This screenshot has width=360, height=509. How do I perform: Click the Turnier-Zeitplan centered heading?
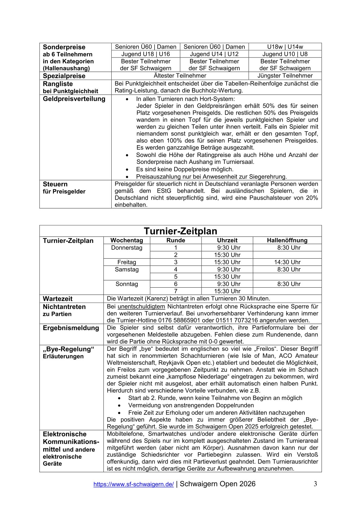coord(180,231)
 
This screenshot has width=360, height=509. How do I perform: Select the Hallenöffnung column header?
coord(287,240)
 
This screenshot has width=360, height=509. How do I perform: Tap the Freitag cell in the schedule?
coord(127,262)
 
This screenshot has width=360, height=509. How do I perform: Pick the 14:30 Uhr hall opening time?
coord(287,262)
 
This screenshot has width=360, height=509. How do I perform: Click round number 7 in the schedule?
coord(175,291)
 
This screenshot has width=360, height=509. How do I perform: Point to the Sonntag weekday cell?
coord(127,284)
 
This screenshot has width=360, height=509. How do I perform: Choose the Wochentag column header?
coord(127,240)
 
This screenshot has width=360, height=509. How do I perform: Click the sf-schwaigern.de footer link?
coord(133,484)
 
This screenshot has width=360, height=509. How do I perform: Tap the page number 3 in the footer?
coord(315,484)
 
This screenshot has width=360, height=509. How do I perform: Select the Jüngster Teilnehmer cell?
coord(285,76)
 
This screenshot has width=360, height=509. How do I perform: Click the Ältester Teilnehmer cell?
coord(180,76)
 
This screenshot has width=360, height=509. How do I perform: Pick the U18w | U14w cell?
coord(285,47)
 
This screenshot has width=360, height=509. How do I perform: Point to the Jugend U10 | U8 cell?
coord(285,54)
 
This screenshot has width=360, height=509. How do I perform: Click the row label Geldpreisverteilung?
coord(74,99)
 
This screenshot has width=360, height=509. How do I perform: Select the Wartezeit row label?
coord(58,299)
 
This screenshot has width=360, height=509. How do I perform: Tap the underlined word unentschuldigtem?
coord(141,306)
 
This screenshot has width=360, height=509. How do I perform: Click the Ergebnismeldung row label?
coord(71,328)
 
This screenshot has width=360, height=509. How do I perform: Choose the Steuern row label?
coord(55,184)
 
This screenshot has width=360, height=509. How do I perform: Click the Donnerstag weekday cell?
coord(127,248)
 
